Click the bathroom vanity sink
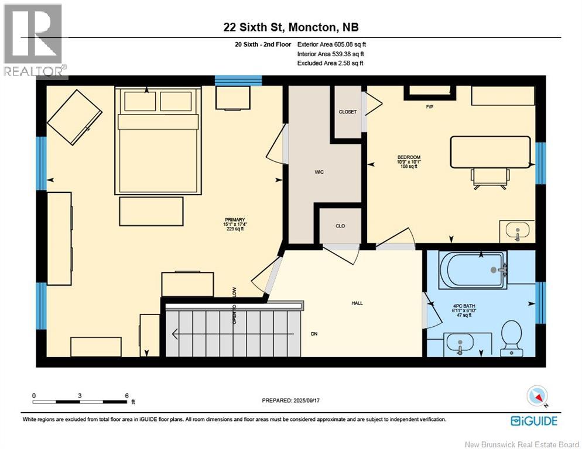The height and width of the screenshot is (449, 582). coord(461,343)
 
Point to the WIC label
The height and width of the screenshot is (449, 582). coord(319,172)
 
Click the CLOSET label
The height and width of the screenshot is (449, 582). coord(347,112)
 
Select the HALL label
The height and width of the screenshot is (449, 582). coord(357,303)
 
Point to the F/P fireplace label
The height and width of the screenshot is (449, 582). coord(429,108)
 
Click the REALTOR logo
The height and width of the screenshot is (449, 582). coord(33,40)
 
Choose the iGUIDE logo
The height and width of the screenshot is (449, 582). coord(533,420)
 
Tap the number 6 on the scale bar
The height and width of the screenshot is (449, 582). coord(127,395)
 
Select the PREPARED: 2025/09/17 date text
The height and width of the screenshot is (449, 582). coord(293,400)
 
